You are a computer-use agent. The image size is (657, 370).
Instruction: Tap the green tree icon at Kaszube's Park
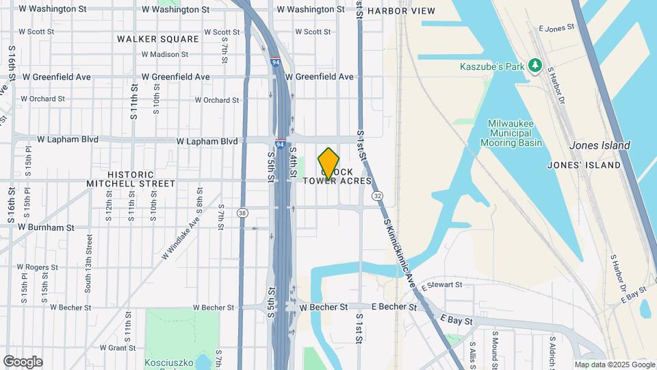(535, 66)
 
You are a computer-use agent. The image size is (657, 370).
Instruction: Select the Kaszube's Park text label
(491, 66)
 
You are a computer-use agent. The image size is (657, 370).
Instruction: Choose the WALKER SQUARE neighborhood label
(157, 39)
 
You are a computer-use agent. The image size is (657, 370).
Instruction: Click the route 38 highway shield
(242, 213)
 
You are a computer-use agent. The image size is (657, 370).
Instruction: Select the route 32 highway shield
(377, 196)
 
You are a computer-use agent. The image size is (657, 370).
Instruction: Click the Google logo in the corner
(23, 362)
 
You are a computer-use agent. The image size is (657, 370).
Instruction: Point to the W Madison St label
(164, 54)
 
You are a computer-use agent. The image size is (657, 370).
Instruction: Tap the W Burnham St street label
(46, 227)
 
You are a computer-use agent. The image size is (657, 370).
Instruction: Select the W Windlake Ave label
(181, 235)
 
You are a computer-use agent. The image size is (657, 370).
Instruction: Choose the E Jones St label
(556, 29)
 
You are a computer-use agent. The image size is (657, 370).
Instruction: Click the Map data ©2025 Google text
(614, 365)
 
